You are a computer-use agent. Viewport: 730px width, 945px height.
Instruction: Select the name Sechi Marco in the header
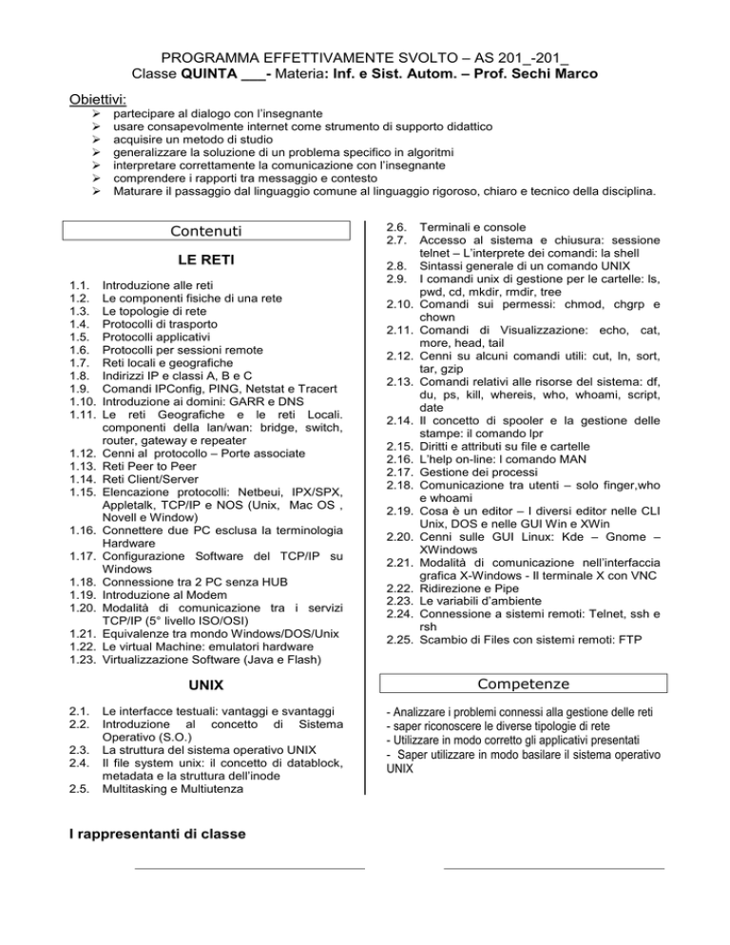coord(549,73)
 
